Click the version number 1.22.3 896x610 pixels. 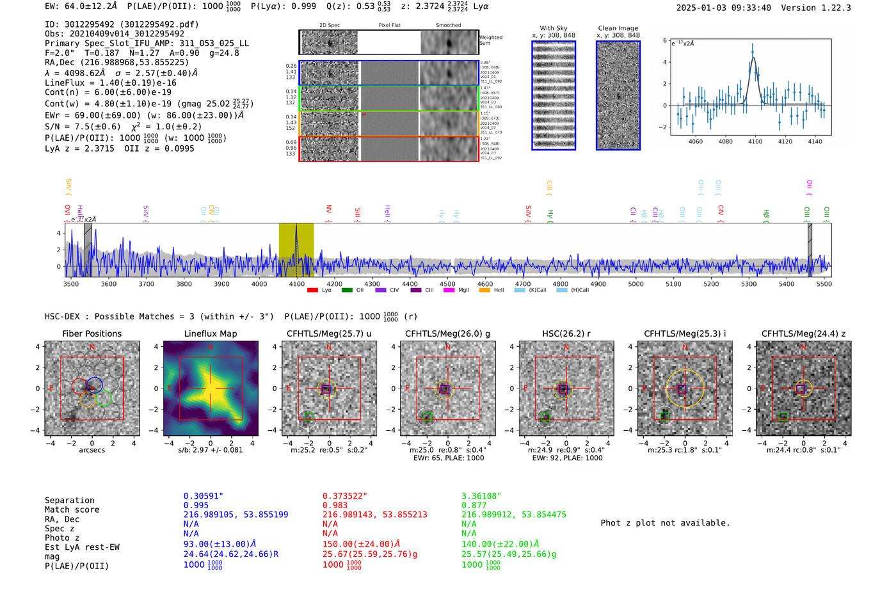click(826, 8)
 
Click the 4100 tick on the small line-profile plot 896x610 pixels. click(755, 141)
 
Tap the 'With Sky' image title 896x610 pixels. click(553, 28)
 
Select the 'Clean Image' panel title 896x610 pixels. click(618, 28)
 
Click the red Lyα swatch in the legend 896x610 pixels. click(312, 291)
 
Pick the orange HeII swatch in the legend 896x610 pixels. click(484, 291)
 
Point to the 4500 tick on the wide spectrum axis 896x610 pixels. click(447, 284)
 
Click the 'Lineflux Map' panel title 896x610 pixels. click(210, 333)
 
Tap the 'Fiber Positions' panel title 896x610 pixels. click(92, 333)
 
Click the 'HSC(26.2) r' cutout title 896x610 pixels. click(566, 333)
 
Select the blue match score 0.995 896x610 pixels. click(196, 505)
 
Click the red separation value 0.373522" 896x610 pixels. click(345, 496)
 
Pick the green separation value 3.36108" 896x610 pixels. click(481, 496)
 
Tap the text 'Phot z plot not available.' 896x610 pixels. click(665, 523)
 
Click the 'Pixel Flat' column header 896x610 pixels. click(389, 25)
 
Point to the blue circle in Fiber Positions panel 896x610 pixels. click(95, 385)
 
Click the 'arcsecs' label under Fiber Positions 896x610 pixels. click(92, 450)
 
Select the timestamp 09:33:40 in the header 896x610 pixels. click(748, 8)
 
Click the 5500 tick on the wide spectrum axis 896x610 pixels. click(824, 284)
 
